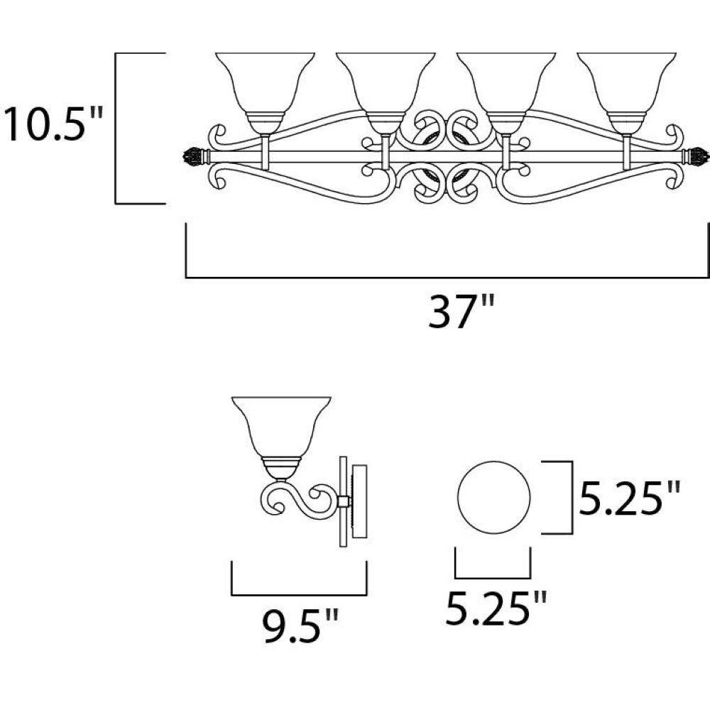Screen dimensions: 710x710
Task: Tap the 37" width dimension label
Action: [x=461, y=311]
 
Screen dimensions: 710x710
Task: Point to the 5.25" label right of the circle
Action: [x=630, y=498]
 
